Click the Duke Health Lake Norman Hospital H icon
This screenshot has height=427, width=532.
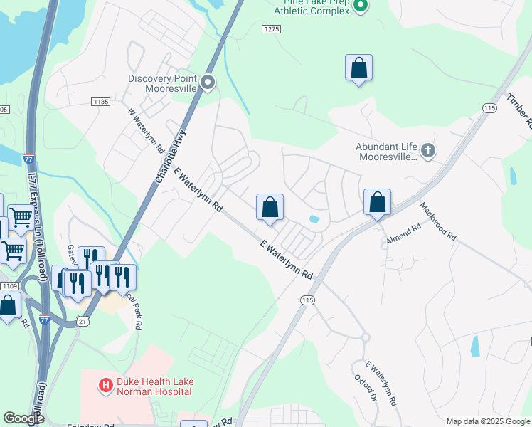106,386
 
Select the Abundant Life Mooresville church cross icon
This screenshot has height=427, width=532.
427,150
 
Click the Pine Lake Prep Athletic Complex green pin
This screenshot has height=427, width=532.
360,6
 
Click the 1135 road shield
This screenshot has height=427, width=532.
100,102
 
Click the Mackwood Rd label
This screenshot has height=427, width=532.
437,221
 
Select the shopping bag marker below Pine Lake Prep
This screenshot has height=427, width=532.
359,68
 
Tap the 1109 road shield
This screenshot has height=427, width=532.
9,285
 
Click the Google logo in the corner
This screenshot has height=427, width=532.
23,418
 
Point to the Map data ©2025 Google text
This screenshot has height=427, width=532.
488,421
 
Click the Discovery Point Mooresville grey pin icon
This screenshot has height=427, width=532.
208,83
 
